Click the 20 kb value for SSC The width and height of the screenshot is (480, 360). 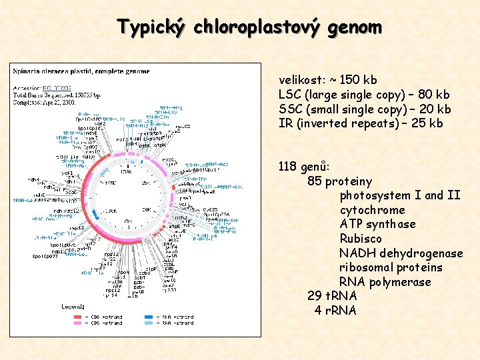coord(433,109)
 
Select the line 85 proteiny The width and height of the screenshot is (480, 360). coord(339,181)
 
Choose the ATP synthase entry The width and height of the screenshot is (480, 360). coord(377,224)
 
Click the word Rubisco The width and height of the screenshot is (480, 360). coord(361,239)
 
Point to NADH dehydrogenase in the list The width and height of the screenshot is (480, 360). coord(401,253)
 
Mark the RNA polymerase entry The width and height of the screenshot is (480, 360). coord(385,282)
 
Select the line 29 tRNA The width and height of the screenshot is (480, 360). coord(332,296)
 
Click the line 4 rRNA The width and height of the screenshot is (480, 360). coord(335,311)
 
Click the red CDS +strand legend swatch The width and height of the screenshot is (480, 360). coord(78,316)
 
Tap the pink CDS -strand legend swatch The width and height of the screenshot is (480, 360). coord(78,323)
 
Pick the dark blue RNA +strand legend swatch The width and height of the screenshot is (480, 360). coord(149,316)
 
